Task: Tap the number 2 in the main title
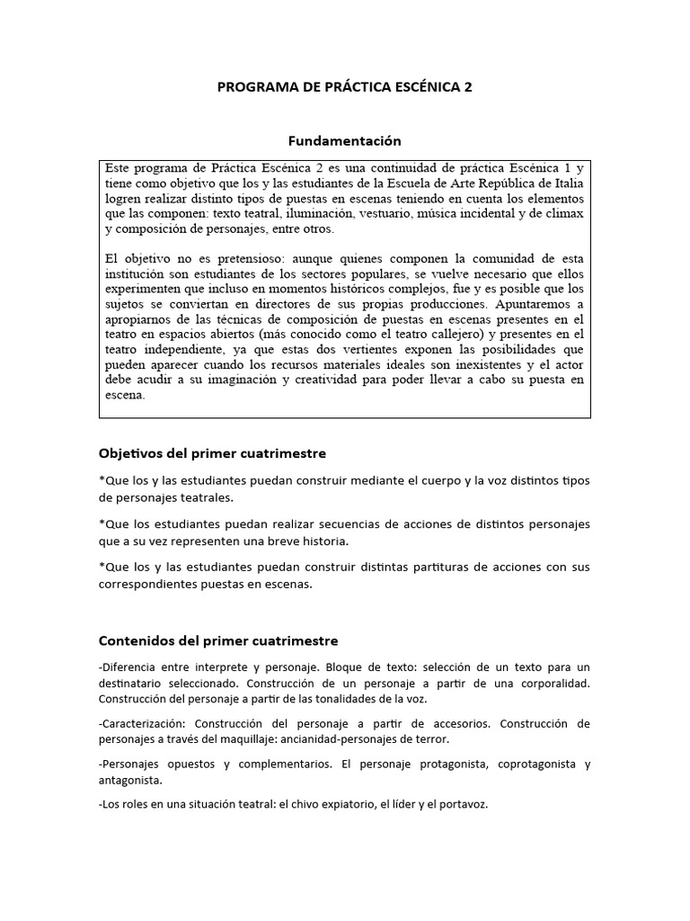click(x=467, y=87)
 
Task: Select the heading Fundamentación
click(x=344, y=141)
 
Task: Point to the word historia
click(x=319, y=541)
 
